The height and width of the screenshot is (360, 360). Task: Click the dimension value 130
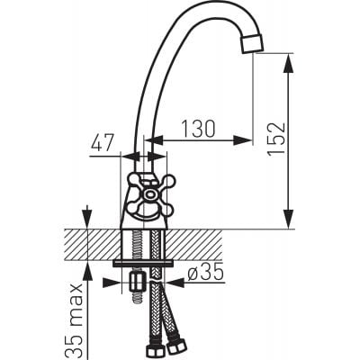click(199, 129)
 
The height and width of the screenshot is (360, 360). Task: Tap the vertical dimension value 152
click(275, 139)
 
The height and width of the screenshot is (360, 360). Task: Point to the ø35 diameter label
click(206, 272)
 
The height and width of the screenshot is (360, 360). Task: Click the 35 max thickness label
click(73, 320)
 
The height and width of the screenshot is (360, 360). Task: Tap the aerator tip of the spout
click(253, 44)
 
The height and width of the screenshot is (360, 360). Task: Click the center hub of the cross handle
click(149, 194)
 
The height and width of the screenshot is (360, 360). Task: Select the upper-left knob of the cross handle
click(133, 181)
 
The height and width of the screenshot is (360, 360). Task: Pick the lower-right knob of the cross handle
click(166, 209)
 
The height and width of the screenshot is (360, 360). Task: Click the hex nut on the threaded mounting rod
click(137, 283)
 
